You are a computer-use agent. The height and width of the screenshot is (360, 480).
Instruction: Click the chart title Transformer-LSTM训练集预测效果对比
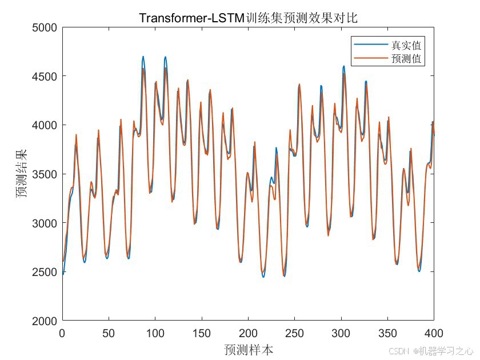pyautogui.click(x=248, y=18)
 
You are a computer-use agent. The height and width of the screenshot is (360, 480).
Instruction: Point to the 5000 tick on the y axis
pyautogui.click(x=45, y=27)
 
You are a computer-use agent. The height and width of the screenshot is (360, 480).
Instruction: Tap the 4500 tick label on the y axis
pyautogui.click(x=45, y=76)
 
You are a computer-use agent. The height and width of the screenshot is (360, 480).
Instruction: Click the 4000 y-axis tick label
pyautogui.click(x=45, y=125)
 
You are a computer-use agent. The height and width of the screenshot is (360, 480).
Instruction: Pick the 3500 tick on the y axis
pyautogui.click(x=45, y=174)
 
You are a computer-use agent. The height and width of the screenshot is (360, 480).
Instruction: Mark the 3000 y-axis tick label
pyautogui.click(x=45, y=223)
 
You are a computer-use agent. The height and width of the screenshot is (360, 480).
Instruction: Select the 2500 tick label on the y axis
pyautogui.click(x=45, y=272)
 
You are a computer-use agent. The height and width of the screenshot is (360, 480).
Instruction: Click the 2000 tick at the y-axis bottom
pyautogui.click(x=45, y=321)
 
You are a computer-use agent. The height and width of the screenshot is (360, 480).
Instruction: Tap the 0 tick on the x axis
pyautogui.click(x=62, y=332)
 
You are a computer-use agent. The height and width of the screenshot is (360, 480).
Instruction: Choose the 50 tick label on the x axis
pyautogui.click(x=109, y=332)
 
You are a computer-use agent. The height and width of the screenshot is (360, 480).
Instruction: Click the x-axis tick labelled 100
pyautogui.click(x=155, y=332)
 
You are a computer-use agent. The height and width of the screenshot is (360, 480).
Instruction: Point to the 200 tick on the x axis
pyautogui.click(x=248, y=332)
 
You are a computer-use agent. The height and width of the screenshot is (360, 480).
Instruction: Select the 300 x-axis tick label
pyautogui.click(x=341, y=332)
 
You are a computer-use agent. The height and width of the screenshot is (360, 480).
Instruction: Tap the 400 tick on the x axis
pyautogui.click(x=433, y=332)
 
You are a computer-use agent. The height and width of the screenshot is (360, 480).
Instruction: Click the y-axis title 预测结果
pyautogui.click(x=21, y=174)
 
